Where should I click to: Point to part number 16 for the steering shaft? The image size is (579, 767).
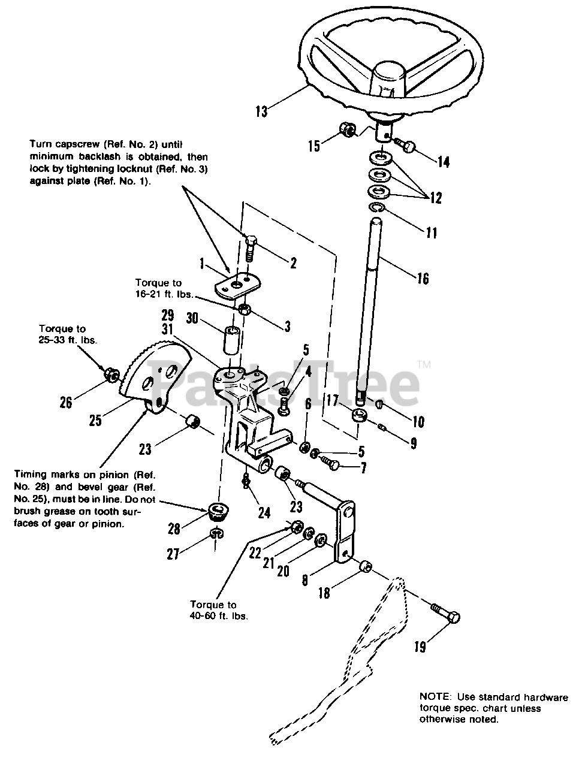click(x=423, y=278)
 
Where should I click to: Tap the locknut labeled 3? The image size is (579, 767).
click(x=245, y=309)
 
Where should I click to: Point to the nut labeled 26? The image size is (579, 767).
click(x=111, y=375)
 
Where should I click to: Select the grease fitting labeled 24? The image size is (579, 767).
click(x=245, y=482)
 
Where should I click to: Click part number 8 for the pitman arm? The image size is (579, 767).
click(x=304, y=579)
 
